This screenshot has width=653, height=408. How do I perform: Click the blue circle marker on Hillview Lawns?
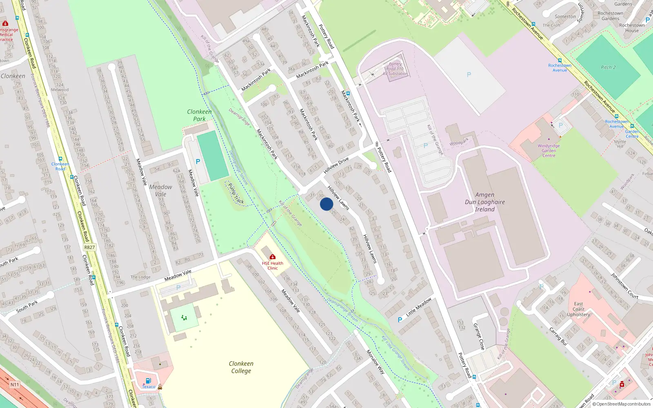point(326,204)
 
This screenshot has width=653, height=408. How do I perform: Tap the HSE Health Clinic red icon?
point(273,257)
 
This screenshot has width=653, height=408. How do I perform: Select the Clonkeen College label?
point(241,367)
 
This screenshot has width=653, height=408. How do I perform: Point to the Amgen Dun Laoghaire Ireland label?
point(485,202)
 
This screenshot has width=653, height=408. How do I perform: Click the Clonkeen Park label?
point(199,115)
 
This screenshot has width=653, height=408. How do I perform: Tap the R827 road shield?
point(89,247)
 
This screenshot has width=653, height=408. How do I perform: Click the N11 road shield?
point(15,384)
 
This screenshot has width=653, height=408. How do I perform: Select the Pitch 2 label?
point(608,67)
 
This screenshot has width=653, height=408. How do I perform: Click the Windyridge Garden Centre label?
point(549,151)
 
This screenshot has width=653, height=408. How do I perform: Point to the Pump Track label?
point(236,193)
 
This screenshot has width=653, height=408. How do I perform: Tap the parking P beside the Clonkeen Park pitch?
point(198,162)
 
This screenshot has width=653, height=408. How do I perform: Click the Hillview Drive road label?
point(336,165)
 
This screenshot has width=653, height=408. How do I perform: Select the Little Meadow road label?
point(419,307)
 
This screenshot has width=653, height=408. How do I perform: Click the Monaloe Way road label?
point(375,361)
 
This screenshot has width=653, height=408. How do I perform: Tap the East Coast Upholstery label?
point(578,309)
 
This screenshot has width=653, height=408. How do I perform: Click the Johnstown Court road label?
point(624,286)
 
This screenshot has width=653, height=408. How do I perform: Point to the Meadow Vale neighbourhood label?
point(160,191)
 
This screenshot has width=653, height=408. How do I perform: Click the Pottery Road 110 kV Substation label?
point(395,69)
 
